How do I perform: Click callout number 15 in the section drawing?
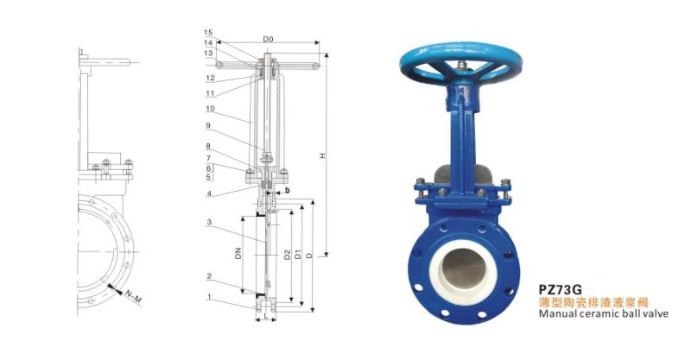(208, 33)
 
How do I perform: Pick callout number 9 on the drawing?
(208, 125)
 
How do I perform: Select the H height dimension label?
(322, 155)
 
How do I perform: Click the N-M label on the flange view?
(132, 296)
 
